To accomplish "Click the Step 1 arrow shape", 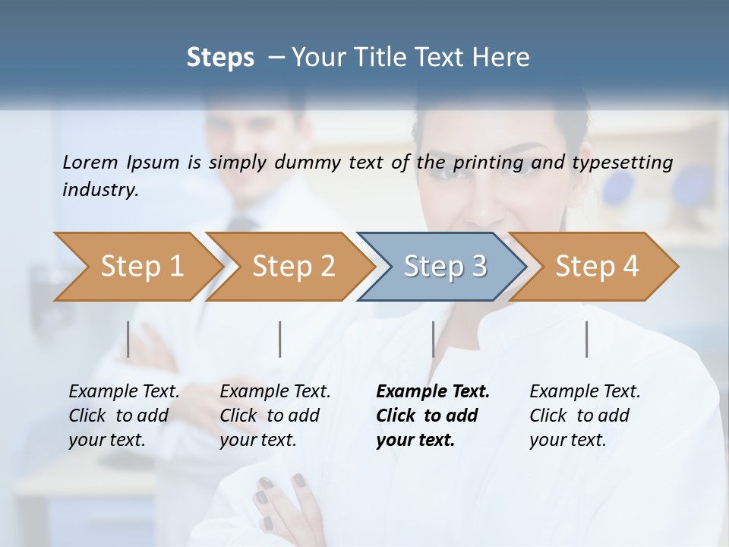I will (137, 267).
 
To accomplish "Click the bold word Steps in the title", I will (220, 58).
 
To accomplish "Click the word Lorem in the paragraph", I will (90, 162).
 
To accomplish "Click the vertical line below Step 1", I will (128, 339).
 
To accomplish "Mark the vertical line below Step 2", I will (280, 339).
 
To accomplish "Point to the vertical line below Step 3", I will (433, 339).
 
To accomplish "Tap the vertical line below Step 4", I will (587, 339).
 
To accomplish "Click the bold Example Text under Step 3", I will (433, 392).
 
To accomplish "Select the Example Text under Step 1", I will (124, 392).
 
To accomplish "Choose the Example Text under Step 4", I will (585, 392).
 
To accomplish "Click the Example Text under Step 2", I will (275, 392).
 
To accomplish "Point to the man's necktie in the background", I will (241, 225).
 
